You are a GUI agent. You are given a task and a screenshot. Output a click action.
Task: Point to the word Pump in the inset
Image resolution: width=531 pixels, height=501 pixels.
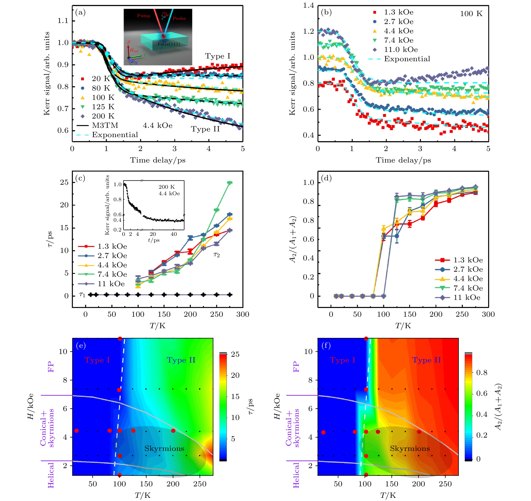[143, 15]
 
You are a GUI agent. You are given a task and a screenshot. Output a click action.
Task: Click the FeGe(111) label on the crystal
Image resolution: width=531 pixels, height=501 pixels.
[169, 44]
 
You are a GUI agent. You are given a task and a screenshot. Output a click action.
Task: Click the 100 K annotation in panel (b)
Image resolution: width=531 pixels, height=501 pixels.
[471, 14]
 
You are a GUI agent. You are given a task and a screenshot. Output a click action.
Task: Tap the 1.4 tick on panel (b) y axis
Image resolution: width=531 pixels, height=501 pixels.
[308, 5]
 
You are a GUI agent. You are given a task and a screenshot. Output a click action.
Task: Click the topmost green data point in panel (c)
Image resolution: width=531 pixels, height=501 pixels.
[229, 183]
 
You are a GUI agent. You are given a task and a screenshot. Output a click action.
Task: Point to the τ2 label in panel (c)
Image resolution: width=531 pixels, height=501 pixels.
[216, 255]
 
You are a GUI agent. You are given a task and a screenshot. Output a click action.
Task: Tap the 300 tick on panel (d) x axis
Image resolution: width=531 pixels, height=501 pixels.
[488, 314]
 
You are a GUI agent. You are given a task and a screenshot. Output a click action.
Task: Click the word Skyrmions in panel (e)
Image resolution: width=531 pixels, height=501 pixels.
[164, 448]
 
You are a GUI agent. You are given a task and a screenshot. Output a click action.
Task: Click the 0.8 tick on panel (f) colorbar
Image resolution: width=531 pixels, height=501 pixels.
[482, 373]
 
